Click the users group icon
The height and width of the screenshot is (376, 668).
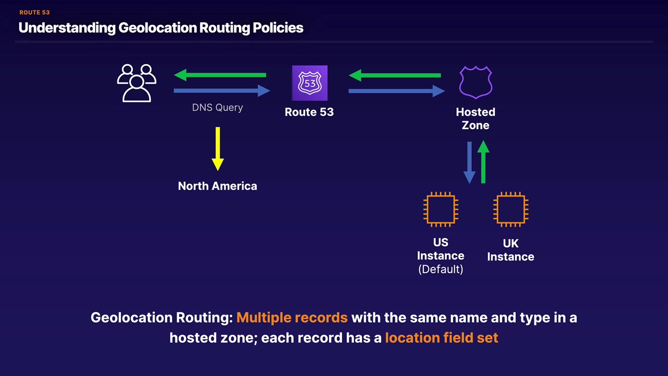coord(137,83)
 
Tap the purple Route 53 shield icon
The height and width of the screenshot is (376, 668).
coord(309,83)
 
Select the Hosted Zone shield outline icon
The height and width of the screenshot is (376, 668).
coord(475,83)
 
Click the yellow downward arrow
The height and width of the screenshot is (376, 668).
coord(218,149)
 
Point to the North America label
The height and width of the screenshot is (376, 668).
coord(218,186)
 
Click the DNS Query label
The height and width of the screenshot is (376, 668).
coord(218,108)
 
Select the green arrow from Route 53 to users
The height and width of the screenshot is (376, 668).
coord(220,75)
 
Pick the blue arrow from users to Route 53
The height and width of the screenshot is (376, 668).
coord(221,91)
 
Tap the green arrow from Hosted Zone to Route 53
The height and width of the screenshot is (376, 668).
coord(395,75)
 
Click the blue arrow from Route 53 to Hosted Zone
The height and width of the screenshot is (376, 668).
coord(396,91)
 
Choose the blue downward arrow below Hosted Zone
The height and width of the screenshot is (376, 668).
coord(469,162)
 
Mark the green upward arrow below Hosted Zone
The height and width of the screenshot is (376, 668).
coord(483,161)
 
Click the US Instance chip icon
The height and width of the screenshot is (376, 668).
coord(441,209)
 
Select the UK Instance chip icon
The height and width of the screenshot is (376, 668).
coord(511,209)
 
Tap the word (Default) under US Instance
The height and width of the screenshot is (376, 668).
coord(441,269)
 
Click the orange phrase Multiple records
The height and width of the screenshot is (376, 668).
coord(292,318)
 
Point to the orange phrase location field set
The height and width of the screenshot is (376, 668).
coord(442,338)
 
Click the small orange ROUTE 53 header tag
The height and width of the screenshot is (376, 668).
coord(34,13)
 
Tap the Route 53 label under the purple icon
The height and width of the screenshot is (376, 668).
coord(309,112)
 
